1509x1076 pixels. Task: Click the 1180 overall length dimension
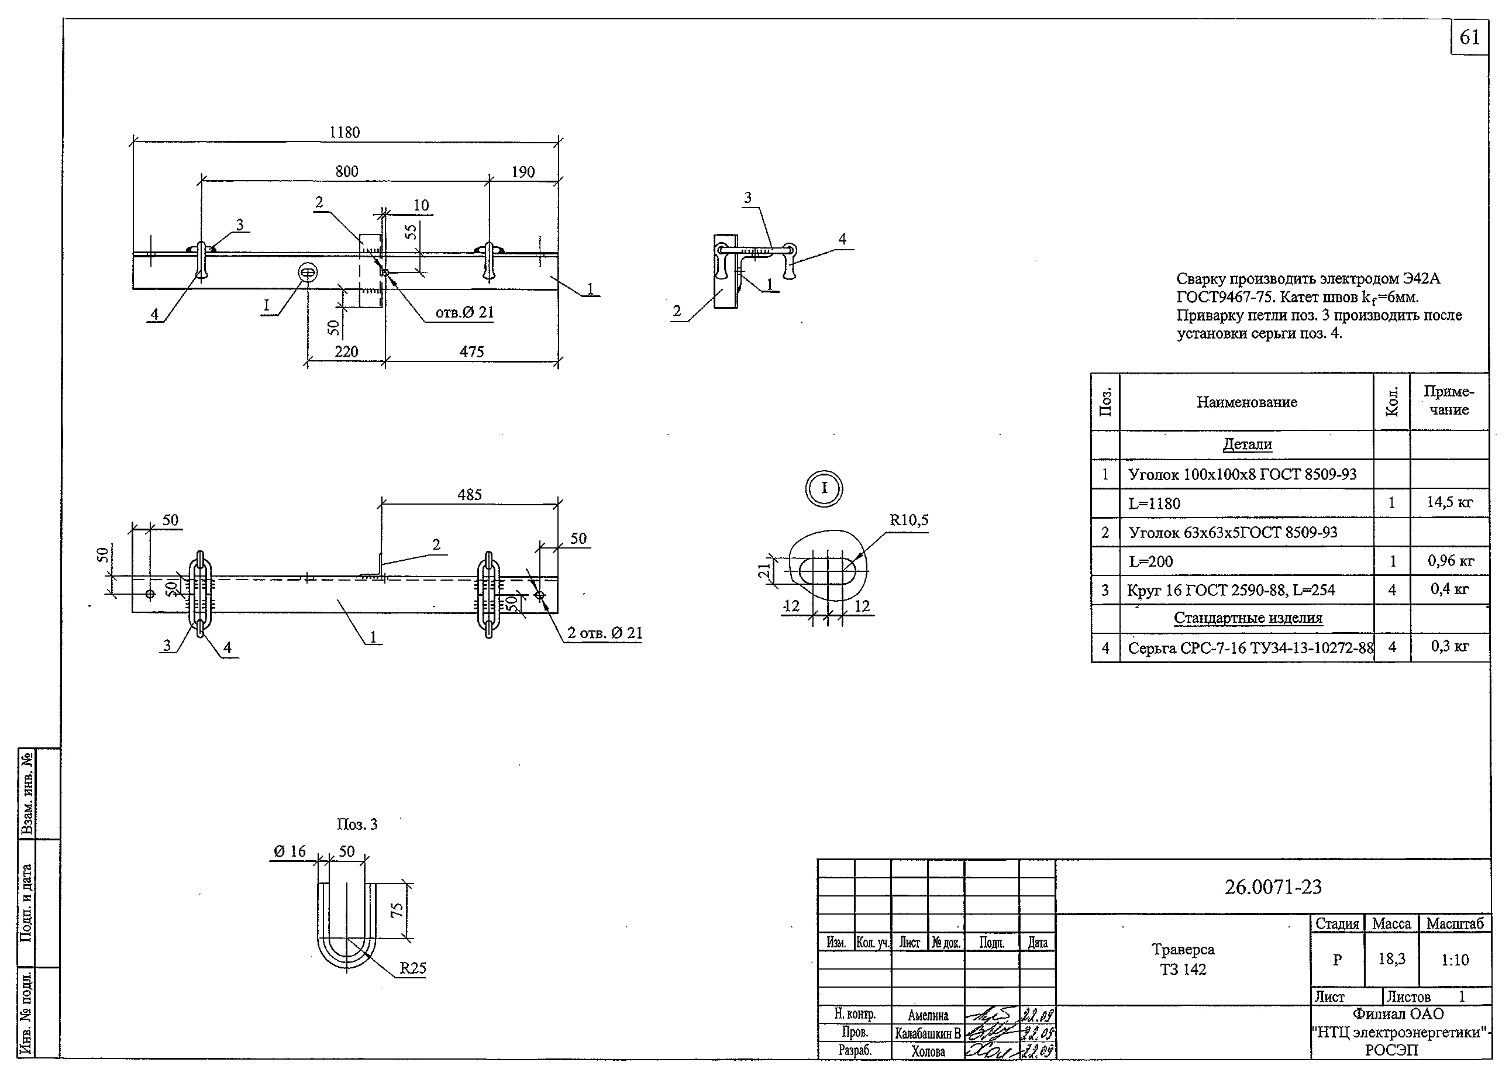344,133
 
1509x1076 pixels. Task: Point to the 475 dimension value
472,352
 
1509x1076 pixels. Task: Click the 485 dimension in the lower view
469,494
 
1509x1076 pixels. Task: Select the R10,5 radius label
908,520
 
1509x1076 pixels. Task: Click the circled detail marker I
824,488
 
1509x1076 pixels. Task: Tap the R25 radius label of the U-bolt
413,968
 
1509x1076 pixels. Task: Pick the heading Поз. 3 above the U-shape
357,824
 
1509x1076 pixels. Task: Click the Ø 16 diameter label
290,851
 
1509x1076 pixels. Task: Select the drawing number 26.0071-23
1272,887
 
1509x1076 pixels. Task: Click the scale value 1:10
1455,960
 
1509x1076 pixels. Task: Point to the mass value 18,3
1391,958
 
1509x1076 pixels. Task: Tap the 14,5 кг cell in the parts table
1449,502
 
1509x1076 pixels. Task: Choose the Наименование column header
1246,402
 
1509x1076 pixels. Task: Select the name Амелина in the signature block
928,1015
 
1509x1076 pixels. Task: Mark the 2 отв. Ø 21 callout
604,633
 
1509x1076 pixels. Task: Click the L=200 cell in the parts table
1150,562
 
